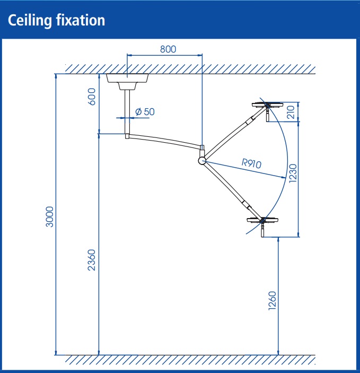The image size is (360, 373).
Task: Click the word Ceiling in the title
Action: (30, 21)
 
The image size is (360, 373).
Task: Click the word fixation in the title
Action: (81, 20)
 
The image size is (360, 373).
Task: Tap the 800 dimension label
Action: (168, 49)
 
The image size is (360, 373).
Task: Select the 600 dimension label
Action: (92, 97)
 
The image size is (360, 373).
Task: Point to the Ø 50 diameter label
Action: (145, 111)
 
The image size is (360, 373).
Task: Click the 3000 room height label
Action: (49, 216)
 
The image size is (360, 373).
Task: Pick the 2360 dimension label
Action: (92, 260)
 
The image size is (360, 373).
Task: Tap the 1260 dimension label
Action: (273, 301)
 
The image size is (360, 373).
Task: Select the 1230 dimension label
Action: (293, 174)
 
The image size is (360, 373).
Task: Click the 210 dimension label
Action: (291, 112)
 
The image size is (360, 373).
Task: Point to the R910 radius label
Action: (251, 163)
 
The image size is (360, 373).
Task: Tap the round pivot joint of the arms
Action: (202, 161)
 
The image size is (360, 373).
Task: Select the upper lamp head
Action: (268, 105)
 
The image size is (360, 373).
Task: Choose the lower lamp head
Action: (263, 220)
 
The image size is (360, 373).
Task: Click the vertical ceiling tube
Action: (127, 112)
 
